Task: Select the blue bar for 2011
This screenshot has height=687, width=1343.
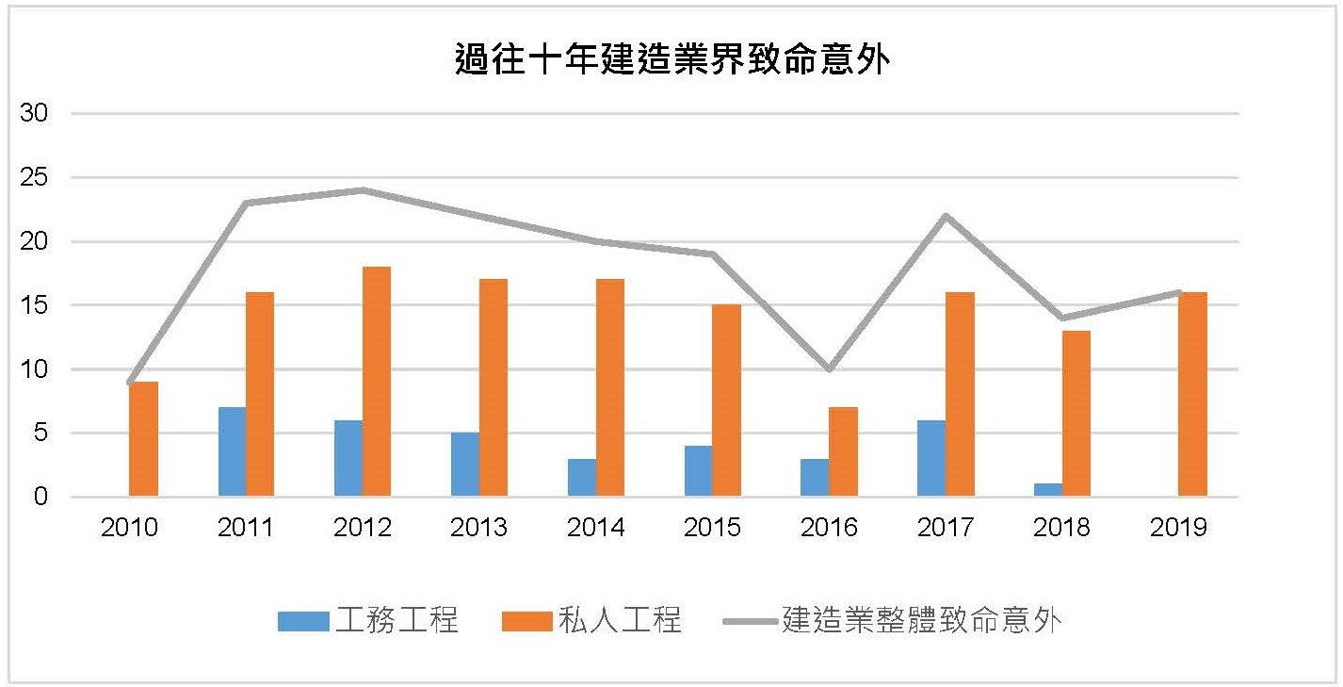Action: pyautogui.click(x=232, y=452)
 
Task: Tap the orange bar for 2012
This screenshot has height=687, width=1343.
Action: pyautogui.click(x=377, y=382)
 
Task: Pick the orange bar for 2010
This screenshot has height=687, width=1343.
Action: pyautogui.click(x=143, y=439)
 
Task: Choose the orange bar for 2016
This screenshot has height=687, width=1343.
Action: pyautogui.click(x=843, y=452)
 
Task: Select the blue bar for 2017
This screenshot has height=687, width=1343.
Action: pyautogui.click(x=931, y=459)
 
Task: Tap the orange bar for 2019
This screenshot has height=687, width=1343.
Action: pyautogui.click(x=1192, y=395)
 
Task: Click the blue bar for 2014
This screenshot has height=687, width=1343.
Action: pyautogui.click(x=582, y=478)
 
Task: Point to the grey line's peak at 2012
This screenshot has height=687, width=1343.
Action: pyautogui.click(x=363, y=190)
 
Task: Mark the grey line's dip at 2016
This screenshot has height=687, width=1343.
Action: pyautogui.click(x=829, y=368)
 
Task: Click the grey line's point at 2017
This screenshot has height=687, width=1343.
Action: pyautogui.click(x=946, y=216)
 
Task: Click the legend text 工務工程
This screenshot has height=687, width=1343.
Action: pyautogui.click(x=396, y=621)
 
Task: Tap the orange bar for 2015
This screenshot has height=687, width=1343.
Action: pyautogui.click(x=726, y=401)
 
